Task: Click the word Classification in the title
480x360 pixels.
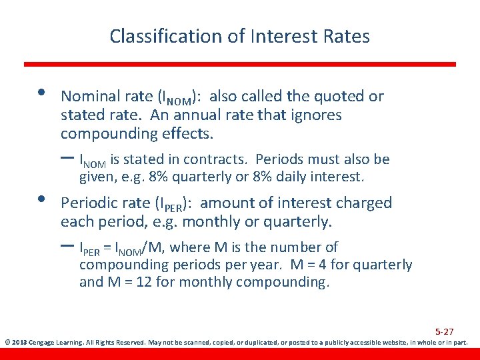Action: pos(167,36)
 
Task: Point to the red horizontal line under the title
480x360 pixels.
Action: pos(240,64)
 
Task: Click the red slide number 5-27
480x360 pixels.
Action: pos(445,331)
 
